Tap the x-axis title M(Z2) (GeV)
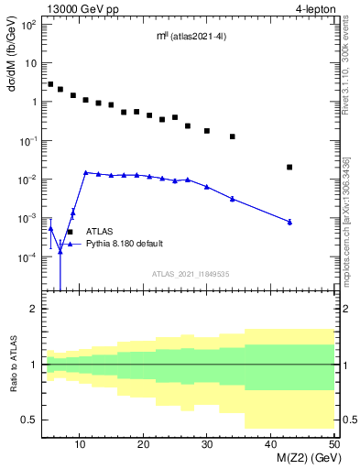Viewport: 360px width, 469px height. point(307,460)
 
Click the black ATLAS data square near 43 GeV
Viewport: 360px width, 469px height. point(289,167)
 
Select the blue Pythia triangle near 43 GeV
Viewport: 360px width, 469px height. point(289,222)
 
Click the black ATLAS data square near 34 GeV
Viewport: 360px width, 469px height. point(233,136)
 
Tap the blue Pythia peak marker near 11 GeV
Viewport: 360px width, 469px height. point(85,172)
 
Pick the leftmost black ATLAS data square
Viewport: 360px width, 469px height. point(50,83)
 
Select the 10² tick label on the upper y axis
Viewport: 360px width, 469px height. point(27,24)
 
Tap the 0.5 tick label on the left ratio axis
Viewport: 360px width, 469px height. point(29,420)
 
